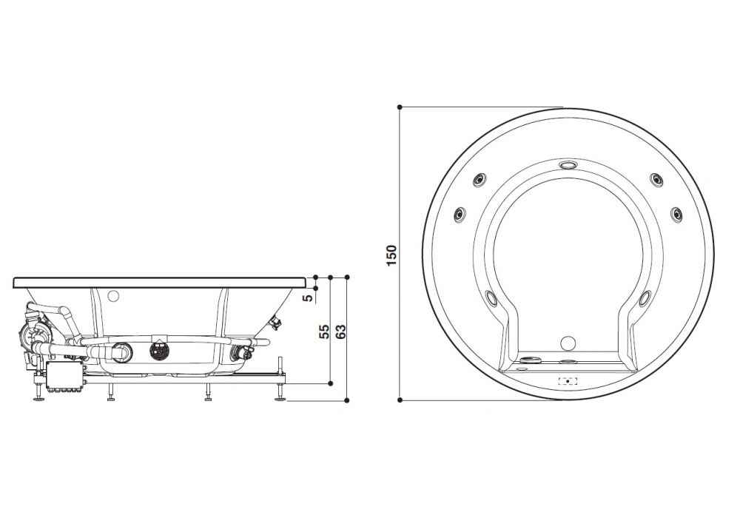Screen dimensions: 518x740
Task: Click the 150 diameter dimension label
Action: tap(392, 254)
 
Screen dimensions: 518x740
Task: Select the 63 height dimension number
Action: tap(341, 331)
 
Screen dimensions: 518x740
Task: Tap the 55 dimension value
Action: tap(323, 331)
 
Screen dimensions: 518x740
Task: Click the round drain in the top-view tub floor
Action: tap(568, 343)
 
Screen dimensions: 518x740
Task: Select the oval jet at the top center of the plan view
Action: tap(568, 165)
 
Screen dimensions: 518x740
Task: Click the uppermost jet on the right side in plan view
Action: tap(656, 178)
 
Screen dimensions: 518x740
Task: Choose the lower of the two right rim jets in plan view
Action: tap(676, 214)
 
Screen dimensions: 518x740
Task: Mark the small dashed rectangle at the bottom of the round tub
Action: tap(568, 381)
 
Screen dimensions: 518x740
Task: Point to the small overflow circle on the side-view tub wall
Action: tap(113, 296)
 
